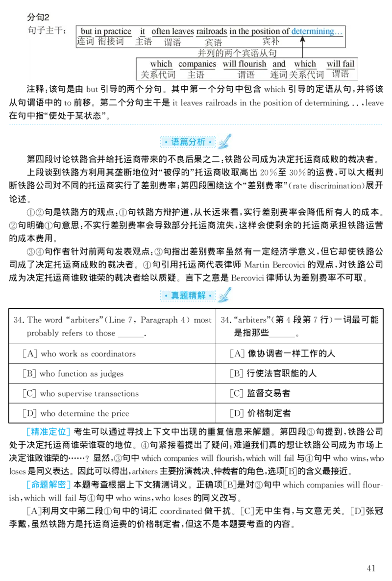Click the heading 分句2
(38, 17)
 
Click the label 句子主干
(47, 31)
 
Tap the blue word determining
(317, 31)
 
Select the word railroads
(212, 31)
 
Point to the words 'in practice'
(113, 31)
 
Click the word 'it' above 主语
(143, 31)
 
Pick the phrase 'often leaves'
(172, 31)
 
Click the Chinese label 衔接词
(111, 42)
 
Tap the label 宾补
(270, 42)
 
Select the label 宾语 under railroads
(213, 43)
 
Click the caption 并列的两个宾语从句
(237, 53)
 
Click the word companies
(197, 64)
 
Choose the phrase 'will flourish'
(245, 64)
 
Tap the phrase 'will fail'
(341, 64)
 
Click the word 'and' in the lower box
(279, 64)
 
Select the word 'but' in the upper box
(86, 31)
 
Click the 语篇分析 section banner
(188, 142)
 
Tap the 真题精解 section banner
(188, 296)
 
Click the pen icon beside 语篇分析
(225, 141)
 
